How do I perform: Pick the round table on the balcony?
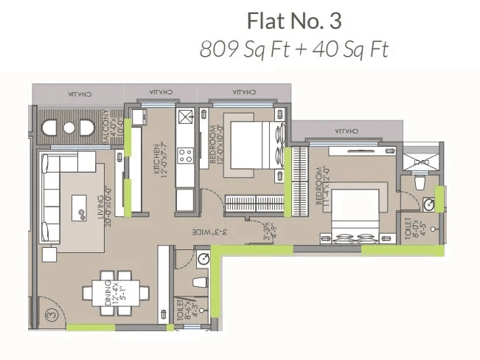[x=69, y=128]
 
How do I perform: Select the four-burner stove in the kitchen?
[x=184, y=156]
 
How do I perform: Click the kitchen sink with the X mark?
[x=184, y=115]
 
